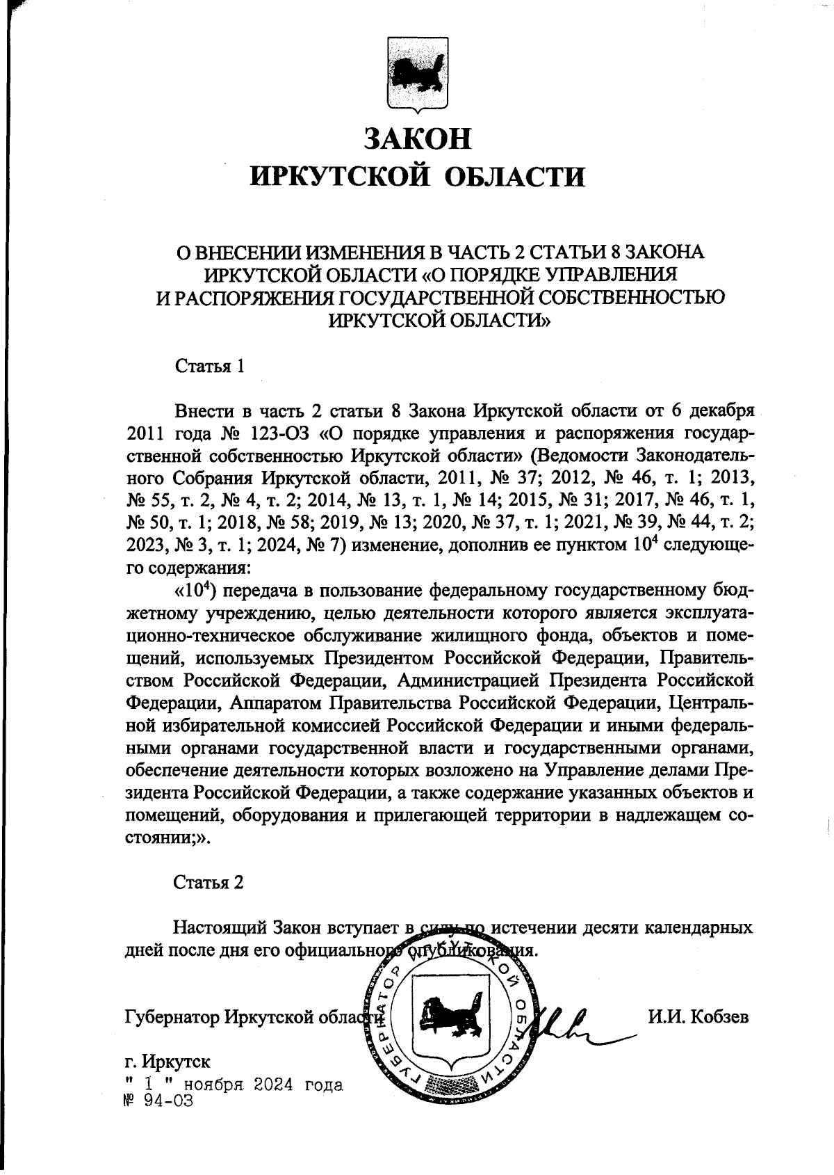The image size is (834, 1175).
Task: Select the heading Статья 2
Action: (208, 883)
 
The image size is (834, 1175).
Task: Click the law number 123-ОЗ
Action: (277, 433)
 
